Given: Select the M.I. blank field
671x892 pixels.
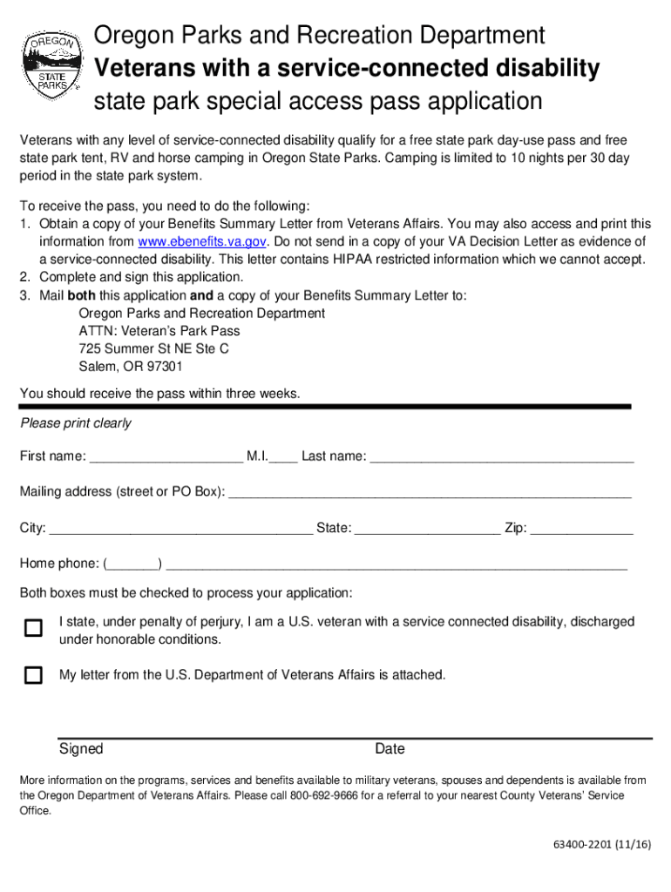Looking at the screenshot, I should click(x=284, y=456).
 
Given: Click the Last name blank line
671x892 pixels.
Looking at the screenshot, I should click(x=501, y=456).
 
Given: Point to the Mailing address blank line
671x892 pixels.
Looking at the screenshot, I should click(x=429, y=492).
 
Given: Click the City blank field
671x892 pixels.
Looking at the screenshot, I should click(x=181, y=528).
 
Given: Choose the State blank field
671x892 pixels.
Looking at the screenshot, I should click(x=428, y=528).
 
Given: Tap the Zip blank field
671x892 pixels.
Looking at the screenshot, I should click(x=581, y=528).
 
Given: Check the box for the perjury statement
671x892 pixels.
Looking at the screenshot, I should click(x=33, y=629).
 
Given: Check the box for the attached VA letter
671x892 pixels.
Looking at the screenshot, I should click(x=33, y=675).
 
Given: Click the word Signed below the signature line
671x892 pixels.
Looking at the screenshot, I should click(x=81, y=749).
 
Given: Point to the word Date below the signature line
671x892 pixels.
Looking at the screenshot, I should click(x=390, y=749).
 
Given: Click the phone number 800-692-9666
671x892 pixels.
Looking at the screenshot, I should click(x=321, y=796).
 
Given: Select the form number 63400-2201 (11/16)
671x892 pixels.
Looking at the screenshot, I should click(x=602, y=846).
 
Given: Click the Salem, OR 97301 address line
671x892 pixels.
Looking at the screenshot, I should click(x=131, y=367).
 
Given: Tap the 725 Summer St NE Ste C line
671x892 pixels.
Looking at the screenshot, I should click(x=153, y=348).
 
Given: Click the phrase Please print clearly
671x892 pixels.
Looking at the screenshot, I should click(x=76, y=423).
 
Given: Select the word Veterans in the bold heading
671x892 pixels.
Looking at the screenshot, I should click(x=142, y=68).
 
